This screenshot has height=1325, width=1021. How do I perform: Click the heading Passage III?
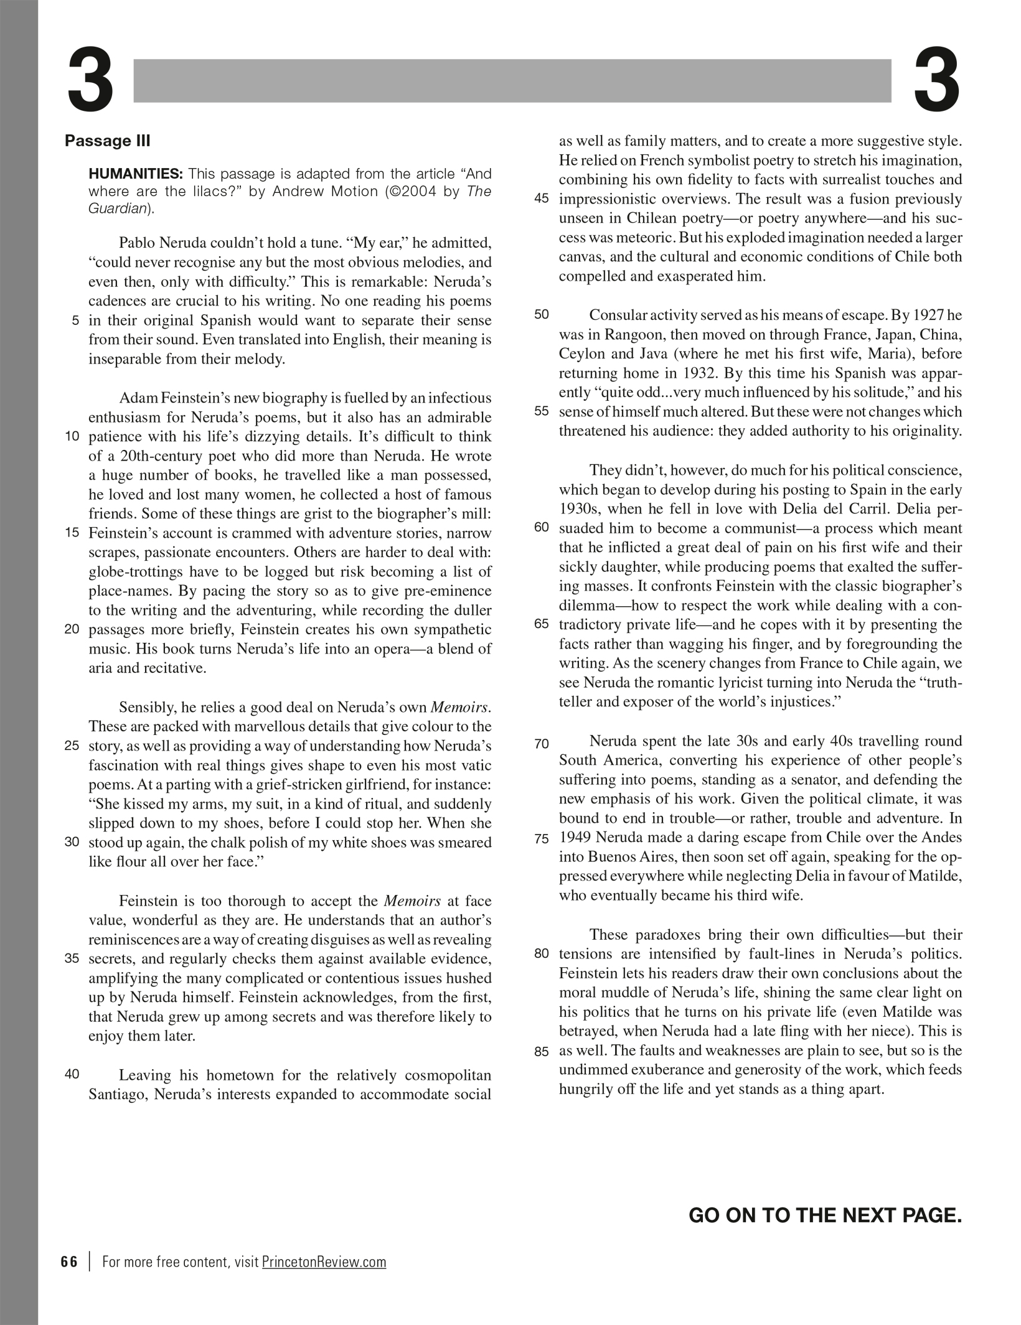[108, 141]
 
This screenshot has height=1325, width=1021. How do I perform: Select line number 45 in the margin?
[542, 199]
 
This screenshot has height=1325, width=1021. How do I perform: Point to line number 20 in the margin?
[72, 629]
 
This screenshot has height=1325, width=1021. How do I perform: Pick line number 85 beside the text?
[542, 1051]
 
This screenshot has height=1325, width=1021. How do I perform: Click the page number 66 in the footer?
[70, 1262]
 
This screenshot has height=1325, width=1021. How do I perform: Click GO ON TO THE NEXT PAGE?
[825, 1215]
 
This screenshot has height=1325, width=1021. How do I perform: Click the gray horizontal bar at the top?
[512, 81]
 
